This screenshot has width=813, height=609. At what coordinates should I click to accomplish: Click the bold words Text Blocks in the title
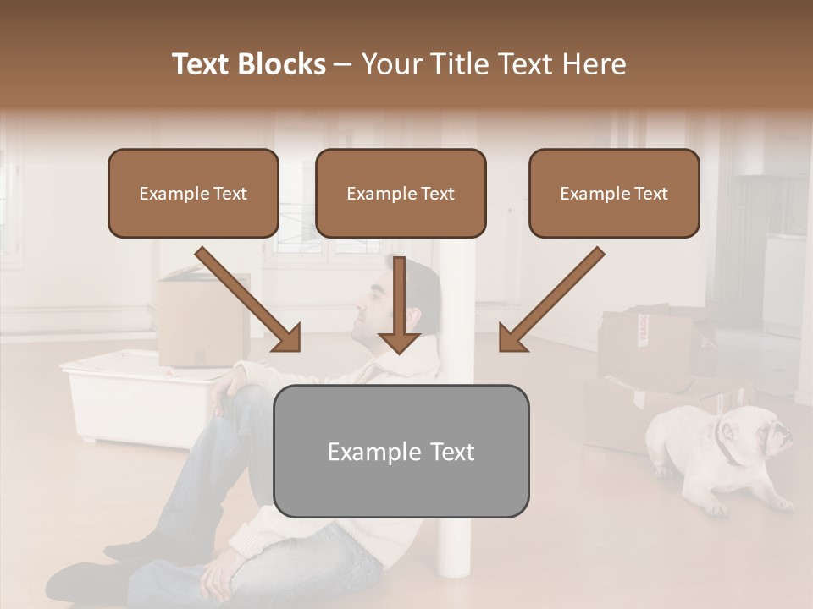(249, 64)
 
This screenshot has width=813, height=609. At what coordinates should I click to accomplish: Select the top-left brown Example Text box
(193, 194)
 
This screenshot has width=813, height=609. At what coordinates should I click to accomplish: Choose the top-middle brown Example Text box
(401, 194)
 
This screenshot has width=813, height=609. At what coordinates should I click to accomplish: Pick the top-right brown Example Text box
(614, 194)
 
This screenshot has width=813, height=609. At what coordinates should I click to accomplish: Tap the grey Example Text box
(401, 451)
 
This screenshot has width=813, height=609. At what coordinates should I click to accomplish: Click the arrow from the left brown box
(249, 299)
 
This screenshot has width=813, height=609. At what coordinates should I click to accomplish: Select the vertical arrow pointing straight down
(399, 304)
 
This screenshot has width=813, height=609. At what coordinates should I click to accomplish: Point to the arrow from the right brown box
(550, 299)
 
